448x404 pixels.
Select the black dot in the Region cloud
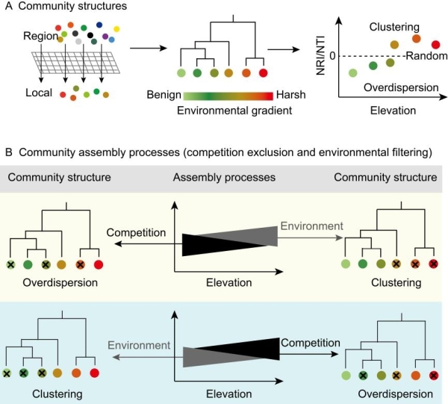click(x=91, y=34)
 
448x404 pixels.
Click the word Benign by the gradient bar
click(x=164, y=96)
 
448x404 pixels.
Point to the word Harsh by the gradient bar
click(x=290, y=96)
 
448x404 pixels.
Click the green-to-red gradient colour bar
click(x=227, y=96)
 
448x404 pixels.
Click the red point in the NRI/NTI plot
click(x=436, y=45)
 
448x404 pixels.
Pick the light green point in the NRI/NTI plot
click(x=353, y=72)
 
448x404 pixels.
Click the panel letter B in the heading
click(x=8, y=152)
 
